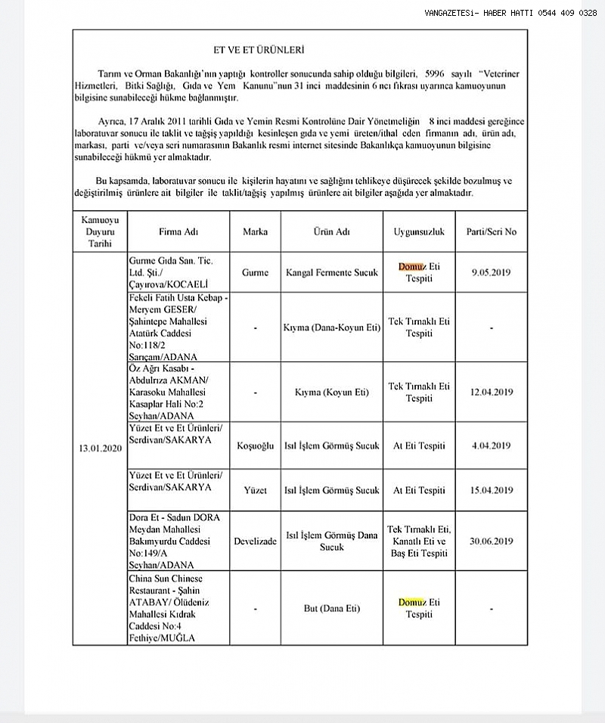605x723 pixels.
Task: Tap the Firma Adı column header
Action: [179, 231]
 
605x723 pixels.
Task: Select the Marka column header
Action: [255, 231]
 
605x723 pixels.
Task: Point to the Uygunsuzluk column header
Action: [418, 231]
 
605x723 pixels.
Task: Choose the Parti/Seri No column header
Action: [492, 231]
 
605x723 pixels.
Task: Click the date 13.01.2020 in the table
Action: [100, 448]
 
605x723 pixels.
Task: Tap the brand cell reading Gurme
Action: [255, 272]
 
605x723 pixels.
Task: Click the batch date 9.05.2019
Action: [492, 272]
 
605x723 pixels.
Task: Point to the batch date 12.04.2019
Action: [492, 392]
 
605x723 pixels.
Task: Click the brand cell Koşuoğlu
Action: [255, 448]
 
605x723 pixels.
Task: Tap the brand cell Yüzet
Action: [255, 490]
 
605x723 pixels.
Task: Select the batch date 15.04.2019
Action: [492, 490]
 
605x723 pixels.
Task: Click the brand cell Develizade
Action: [255, 541]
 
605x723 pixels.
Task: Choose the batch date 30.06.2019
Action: [492, 541]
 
